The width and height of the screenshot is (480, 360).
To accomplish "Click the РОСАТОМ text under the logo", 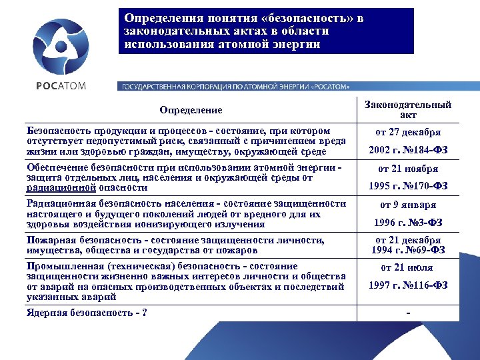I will click(61, 86).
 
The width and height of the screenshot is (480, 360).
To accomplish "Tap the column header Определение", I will click(191, 109).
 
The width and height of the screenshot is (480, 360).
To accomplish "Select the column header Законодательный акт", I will click(408, 109).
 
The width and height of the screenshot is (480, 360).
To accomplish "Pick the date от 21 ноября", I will click(408, 169).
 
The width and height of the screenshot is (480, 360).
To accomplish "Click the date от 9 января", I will click(408, 205).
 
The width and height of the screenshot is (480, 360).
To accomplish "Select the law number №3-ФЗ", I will click(427, 222).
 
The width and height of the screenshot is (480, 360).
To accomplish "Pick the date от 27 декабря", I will click(408, 133).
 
